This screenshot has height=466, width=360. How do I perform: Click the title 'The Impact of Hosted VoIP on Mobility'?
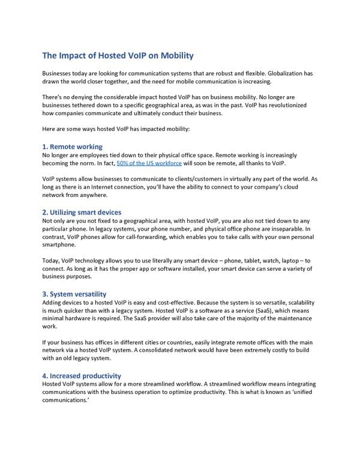coord(118,56)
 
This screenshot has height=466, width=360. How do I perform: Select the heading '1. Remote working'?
coord(72,147)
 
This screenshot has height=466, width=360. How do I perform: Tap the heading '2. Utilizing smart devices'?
coord(82,212)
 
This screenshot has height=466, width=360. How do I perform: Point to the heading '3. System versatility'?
coord(74,294)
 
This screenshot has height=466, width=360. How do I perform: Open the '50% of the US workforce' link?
coord(149,163)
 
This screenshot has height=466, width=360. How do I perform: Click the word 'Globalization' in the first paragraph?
coord(287,73)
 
